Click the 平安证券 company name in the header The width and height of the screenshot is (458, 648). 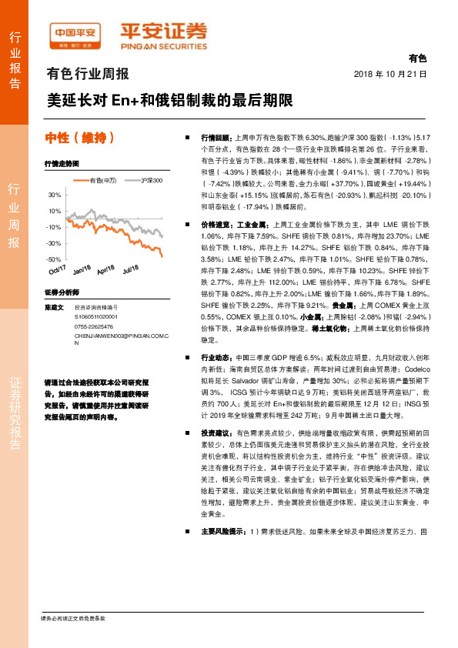163,32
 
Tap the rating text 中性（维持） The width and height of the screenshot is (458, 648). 81,139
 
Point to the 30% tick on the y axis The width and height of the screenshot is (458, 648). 54,195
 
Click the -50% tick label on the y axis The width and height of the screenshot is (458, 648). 53,259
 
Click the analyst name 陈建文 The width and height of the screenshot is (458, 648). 53,307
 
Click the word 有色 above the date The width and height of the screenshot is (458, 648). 417,58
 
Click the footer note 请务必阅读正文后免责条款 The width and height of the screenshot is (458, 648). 72,618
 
